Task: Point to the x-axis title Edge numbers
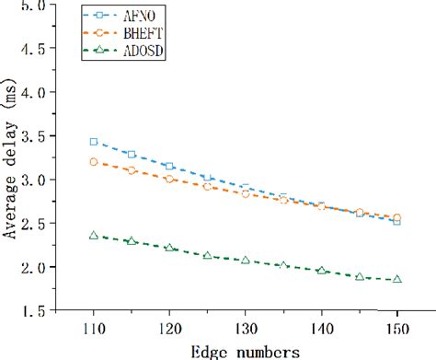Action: (247, 351)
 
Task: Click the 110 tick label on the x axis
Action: (93, 329)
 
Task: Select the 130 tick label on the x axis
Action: (246, 329)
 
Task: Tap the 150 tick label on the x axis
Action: (396, 329)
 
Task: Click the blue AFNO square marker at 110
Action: (93, 142)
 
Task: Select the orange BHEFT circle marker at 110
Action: (93, 162)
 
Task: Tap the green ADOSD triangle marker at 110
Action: (93, 236)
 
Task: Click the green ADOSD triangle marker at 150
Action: (396, 279)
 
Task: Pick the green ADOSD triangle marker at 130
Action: (246, 261)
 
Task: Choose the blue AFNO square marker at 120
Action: (169, 166)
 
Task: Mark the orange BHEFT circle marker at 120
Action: (169, 179)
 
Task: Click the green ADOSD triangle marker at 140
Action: (321, 271)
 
